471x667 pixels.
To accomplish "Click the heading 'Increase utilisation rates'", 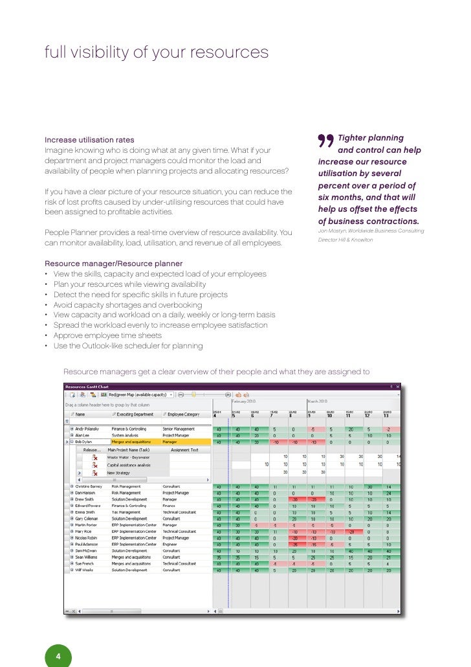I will pos(89,140).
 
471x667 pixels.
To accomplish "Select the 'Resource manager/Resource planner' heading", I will pos(113,264).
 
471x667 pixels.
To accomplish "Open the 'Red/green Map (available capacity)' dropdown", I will pos(140,394).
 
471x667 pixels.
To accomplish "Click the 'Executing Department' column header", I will pos(136,413).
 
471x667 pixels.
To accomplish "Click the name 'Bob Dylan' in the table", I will pos(87,442).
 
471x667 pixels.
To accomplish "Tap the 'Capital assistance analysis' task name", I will pos(129,464).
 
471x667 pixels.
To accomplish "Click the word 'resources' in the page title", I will pos(230,52).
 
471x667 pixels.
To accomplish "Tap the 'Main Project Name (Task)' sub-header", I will pos(129,449).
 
